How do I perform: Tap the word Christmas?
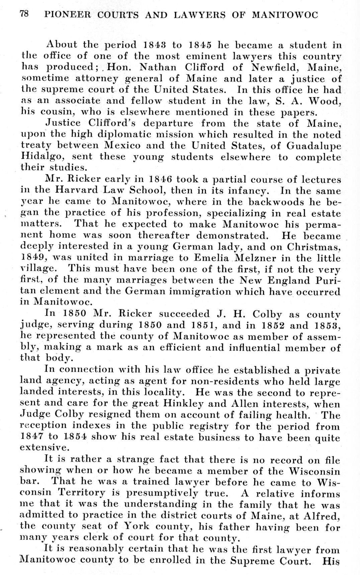coord(313,247)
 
